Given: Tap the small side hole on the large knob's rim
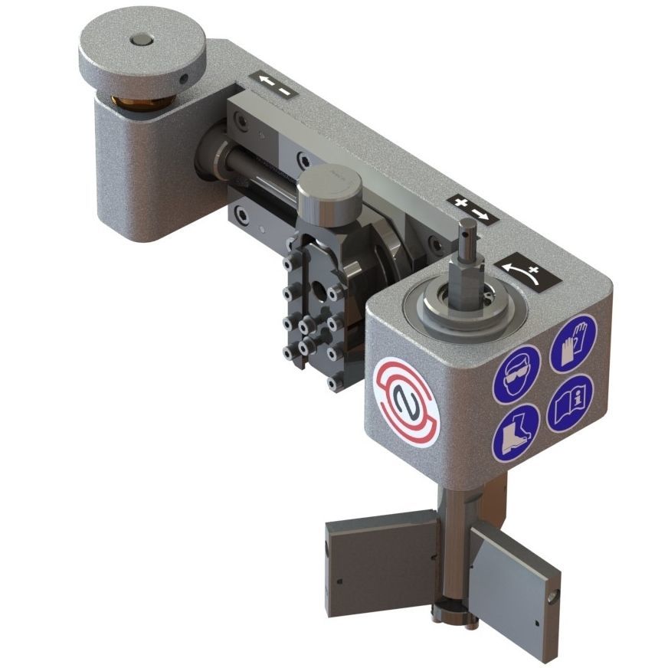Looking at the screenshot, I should (x=182, y=77).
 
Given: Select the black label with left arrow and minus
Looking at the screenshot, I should (x=273, y=86).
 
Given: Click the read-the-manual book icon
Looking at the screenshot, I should (x=569, y=403).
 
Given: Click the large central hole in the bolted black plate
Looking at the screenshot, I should (x=316, y=293).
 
